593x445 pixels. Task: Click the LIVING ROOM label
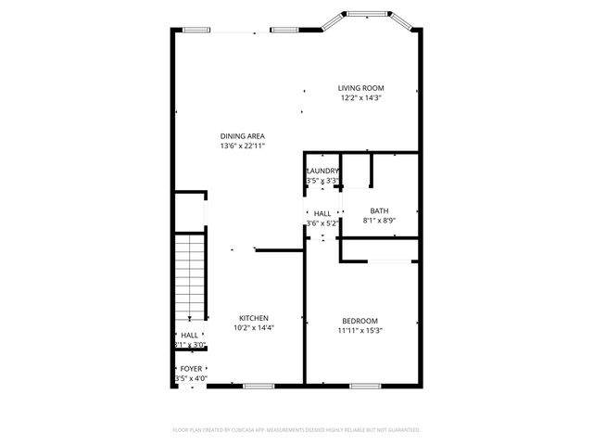[x=360, y=88]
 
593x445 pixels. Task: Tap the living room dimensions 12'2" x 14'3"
[x=360, y=97]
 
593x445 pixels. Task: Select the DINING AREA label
[x=243, y=136]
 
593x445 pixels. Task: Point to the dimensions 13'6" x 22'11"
[x=243, y=146]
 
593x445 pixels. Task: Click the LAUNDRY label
[x=322, y=171]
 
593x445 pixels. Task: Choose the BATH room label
[x=379, y=210]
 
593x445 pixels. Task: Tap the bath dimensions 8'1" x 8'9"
[x=379, y=220]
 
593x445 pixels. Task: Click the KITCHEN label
[x=254, y=318]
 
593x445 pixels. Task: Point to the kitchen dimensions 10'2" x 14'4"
[x=254, y=327]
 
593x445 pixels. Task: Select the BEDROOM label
[x=359, y=321]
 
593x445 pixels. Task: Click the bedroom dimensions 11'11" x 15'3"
[x=359, y=330]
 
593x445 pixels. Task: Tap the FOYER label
[x=191, y=369]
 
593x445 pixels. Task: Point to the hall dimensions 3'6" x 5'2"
[x=322, y=222]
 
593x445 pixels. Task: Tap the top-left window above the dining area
[x=196, y=31]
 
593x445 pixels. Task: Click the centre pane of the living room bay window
[x=361, y=13]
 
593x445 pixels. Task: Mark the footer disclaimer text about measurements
[x=296, y=430]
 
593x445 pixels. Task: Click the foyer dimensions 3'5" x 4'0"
[x=190, y=378]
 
